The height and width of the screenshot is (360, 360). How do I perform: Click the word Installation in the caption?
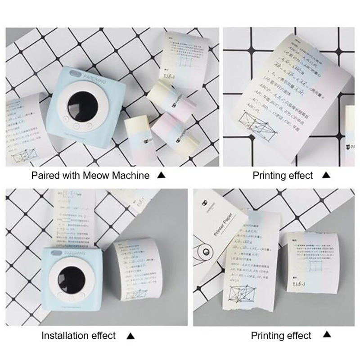(65, 336)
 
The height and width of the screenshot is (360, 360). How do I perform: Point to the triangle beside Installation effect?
(131, 336)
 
